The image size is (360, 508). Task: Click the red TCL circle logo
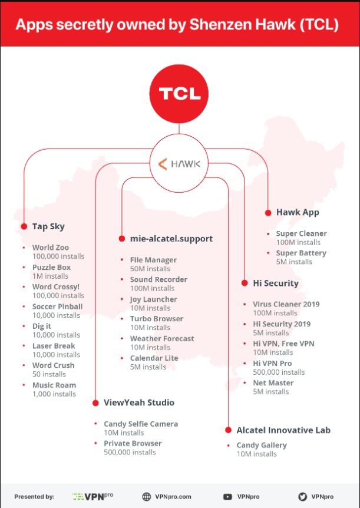[x=180, y=94]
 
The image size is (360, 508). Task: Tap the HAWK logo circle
[x=180, y=163]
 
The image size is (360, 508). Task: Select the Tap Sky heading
[x=48, y=226]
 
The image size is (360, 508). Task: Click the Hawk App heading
[x=297, y=212]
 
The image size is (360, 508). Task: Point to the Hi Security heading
[x=276, y=283]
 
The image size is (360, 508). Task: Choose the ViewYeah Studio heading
[x=139, y=403]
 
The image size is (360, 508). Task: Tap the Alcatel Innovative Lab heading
[x=283, y=430]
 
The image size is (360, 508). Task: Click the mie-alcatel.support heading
[x=171, y=239]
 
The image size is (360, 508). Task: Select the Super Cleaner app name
[x=301, y=233]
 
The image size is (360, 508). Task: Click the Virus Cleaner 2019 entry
[x=286, y=304]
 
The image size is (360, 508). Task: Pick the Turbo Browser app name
[x=156, y=319]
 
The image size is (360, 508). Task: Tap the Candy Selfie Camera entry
[x=141, y=424]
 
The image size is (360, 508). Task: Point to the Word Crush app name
[x=53, y=365]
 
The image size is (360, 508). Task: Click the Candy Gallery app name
[x=262, y=445]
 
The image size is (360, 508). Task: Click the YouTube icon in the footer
[x=227, y=496]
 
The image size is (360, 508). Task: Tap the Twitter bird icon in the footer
[x=303, y=496]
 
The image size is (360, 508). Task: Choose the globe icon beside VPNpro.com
[x=147, y=496]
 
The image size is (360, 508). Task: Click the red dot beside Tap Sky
[x=24, y=226]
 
